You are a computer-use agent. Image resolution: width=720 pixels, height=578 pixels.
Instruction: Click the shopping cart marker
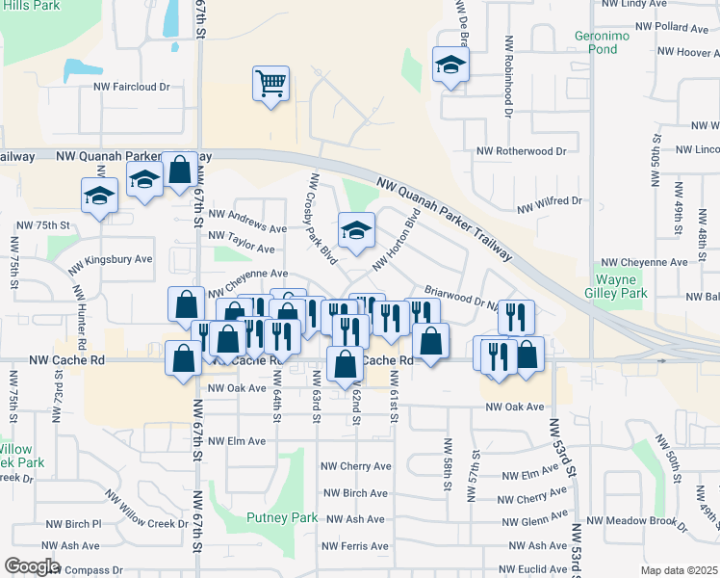coord(271,83)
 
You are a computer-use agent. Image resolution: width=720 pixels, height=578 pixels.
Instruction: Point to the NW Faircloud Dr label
coord(131,87)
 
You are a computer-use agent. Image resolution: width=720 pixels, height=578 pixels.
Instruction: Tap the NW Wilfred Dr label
coord(550,202)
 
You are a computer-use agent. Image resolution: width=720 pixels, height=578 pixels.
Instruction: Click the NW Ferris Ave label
coord(357,546)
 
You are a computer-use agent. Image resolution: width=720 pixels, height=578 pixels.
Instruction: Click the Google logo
coord(32,566)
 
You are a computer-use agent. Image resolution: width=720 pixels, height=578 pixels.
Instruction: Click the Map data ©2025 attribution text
coord(679,570)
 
